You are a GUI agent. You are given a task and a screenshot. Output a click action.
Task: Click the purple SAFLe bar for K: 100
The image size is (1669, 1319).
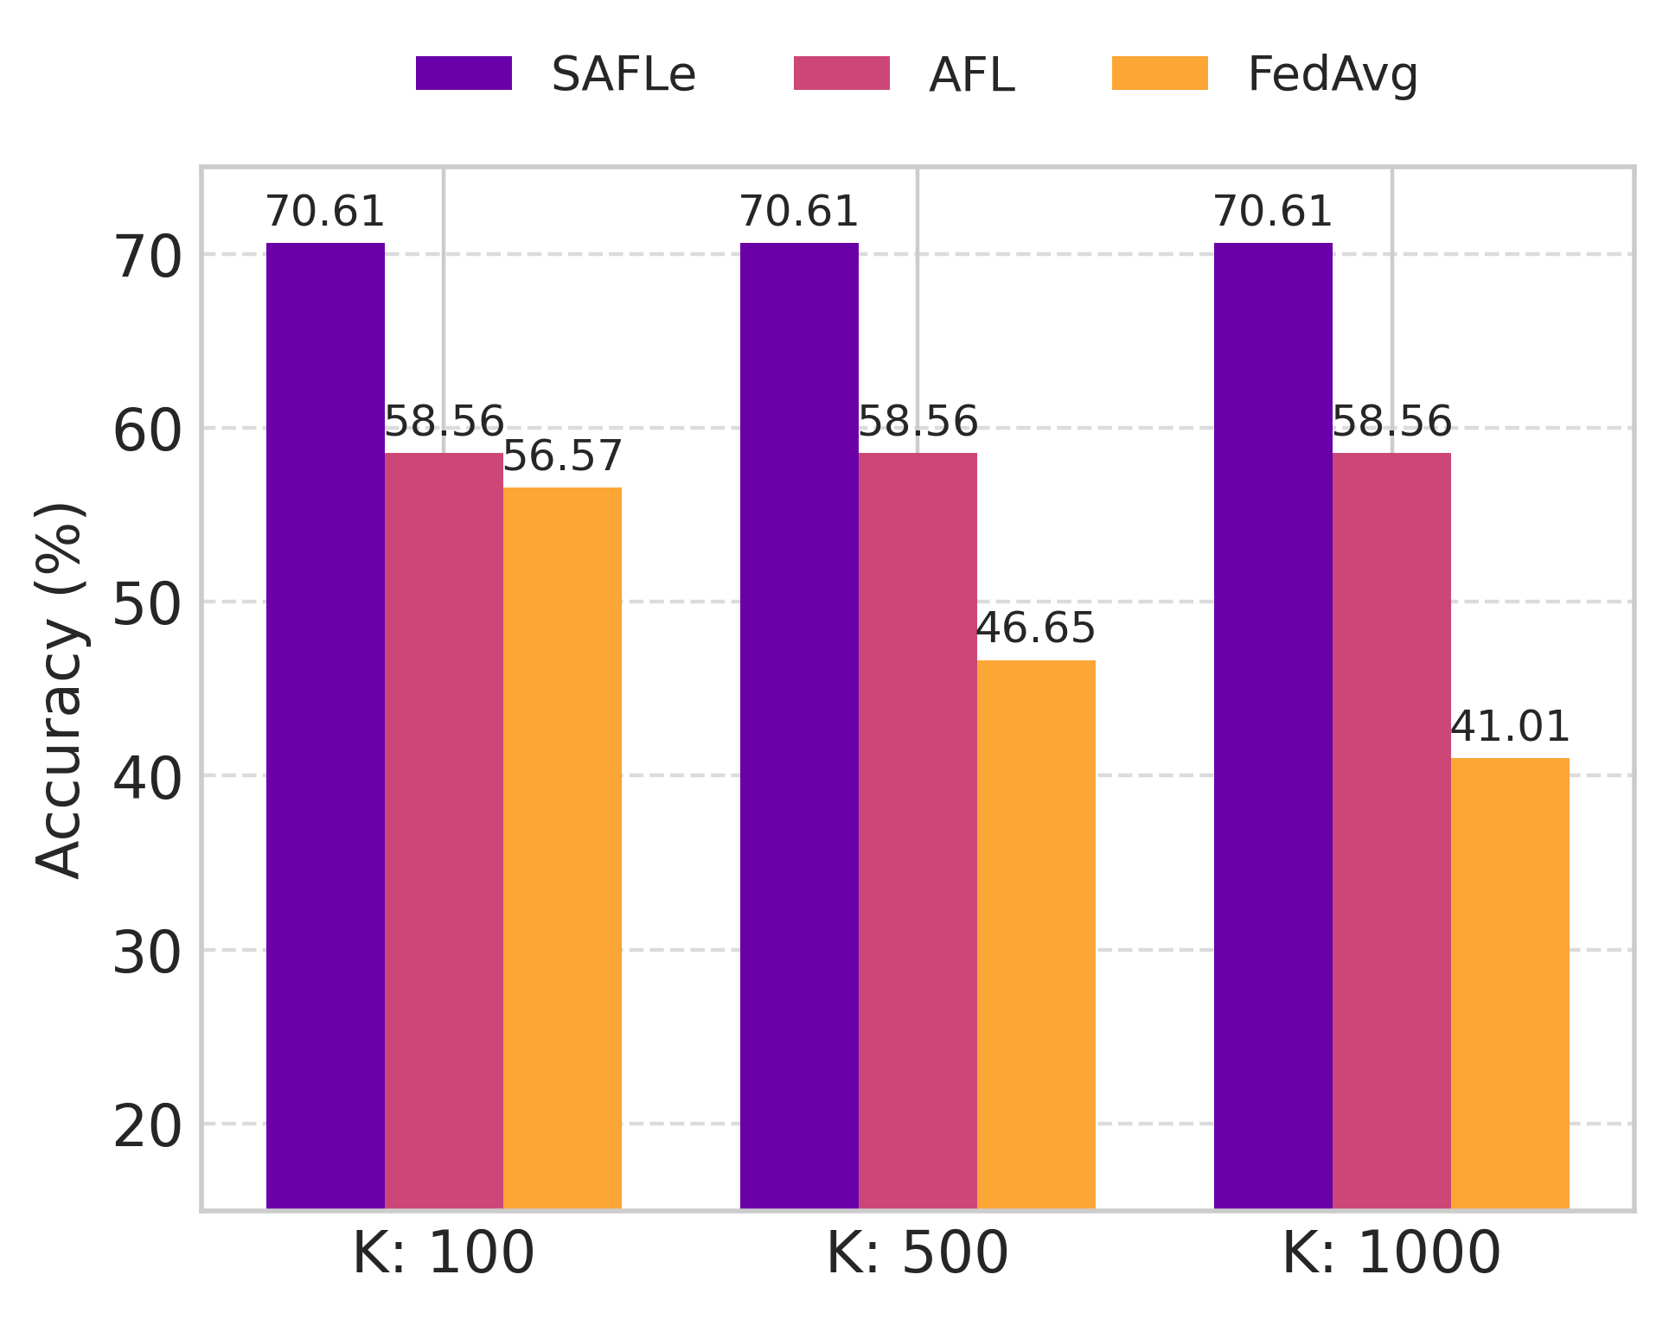[x=325, y=726]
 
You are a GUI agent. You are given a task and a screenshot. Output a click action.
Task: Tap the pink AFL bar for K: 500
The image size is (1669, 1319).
[x=918, y=830]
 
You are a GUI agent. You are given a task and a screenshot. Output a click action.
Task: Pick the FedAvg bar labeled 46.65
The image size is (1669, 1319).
[x=1036, y=933]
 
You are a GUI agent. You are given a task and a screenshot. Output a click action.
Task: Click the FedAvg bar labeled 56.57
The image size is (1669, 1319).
[x=562, y=847]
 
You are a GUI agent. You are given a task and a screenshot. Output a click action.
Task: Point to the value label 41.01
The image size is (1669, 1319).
[x=1510, y=727]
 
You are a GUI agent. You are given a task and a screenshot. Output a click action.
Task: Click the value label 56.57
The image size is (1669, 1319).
[x=562, y=456]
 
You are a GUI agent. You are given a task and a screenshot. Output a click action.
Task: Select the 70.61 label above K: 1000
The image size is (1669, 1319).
[x=1273, y=212]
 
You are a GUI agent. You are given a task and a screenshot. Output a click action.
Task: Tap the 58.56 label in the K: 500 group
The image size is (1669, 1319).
[x=918, y=422]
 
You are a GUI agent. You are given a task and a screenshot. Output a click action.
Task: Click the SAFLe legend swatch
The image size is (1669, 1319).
[x=464, y=73]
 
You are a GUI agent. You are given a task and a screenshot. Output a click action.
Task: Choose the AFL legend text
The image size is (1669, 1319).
[x=971, y=75]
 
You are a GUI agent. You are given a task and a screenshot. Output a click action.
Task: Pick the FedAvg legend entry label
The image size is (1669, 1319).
[x=1332, y=75]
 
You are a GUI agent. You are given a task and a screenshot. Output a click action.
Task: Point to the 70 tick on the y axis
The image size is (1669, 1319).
[x=147, y=258]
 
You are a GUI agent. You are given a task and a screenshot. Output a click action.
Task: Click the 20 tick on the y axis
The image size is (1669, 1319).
[x=147, y=1127]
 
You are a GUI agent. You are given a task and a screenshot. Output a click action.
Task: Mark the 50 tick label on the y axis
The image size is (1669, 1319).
[x=147, y=605]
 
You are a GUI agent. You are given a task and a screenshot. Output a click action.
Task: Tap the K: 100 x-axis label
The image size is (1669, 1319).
[x=443, y=1253]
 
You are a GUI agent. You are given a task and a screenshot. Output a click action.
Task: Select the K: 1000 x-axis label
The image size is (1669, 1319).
[x=1391, y=1253]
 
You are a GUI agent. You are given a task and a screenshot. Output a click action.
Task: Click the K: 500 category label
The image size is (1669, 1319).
[x=918, y=1253]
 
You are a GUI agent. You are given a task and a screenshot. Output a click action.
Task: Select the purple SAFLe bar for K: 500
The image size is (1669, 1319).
[x=799, y=726]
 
